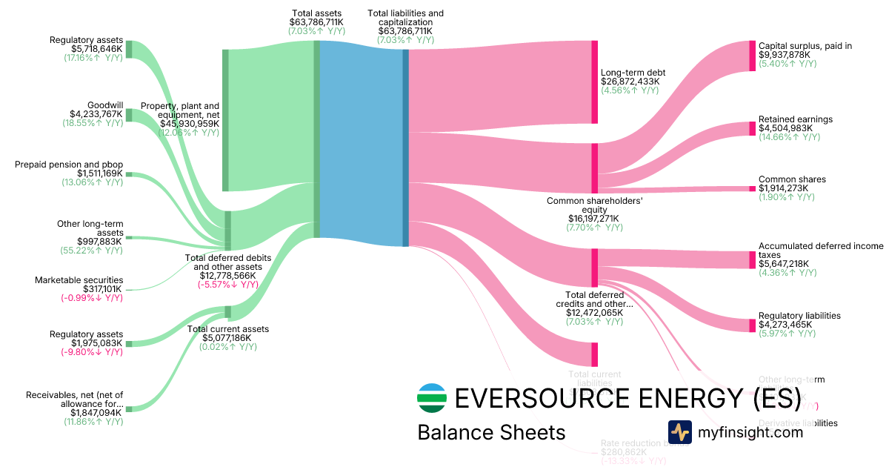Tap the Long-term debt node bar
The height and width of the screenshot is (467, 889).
[x=594, y=82]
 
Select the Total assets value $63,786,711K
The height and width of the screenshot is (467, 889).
[x=316, y=22]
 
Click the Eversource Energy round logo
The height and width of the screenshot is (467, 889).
[x=433, y=398]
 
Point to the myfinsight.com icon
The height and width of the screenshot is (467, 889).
[x=679, y=431]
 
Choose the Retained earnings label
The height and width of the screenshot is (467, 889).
[x=795, y=119]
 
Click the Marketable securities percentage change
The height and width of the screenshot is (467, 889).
[x=92, y=298]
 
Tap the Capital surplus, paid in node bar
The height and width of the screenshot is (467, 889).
[x=751, y=56]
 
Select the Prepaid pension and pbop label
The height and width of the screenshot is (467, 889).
[x=69, y=164]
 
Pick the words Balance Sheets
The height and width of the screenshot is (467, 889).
[x=491, y=432]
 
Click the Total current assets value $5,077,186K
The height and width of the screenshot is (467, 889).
[x=227, y=338]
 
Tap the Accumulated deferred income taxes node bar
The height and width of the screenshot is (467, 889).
[x=751, y=259]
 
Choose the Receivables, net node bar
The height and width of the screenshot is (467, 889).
[x=128, y=408]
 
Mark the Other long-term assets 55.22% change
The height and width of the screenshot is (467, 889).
[x=91, y=251]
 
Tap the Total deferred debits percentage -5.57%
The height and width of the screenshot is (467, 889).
[x=227, y=285]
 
